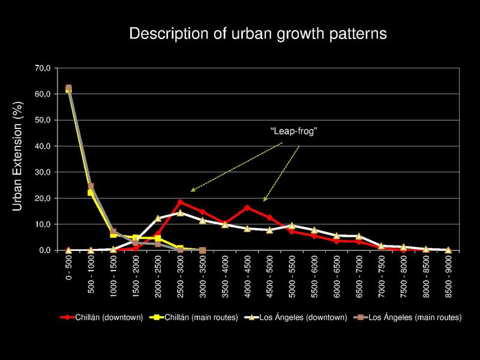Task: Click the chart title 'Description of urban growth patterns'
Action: pos(259,34)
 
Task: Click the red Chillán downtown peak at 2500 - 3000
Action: pos(180,202)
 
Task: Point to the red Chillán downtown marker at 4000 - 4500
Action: pos(247,208)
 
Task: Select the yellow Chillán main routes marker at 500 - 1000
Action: pos(91,193)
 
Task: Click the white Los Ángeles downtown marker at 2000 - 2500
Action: pos(158,218)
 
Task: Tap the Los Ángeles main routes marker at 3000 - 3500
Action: pos(202,250)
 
